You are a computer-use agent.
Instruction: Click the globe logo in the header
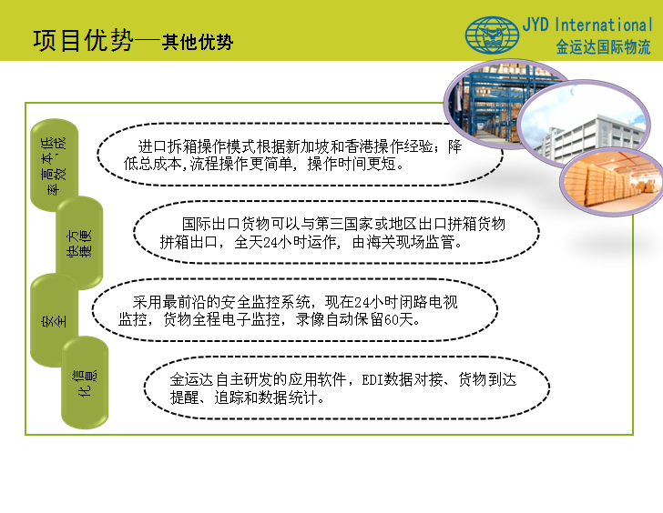point(492,35)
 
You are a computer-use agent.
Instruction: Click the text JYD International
point(587,25)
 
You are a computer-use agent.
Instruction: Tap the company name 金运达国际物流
point(603,47)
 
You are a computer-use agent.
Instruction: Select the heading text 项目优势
point(83,41)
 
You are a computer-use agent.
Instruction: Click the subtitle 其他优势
point(197,42)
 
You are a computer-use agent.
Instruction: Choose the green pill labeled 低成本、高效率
point(54,166)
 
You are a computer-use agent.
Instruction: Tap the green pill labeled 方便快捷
point(79,243)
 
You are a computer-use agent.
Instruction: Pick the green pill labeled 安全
point(54,320)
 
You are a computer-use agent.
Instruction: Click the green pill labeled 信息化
point(85,383)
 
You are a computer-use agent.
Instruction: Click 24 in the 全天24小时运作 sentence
point(270,242)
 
